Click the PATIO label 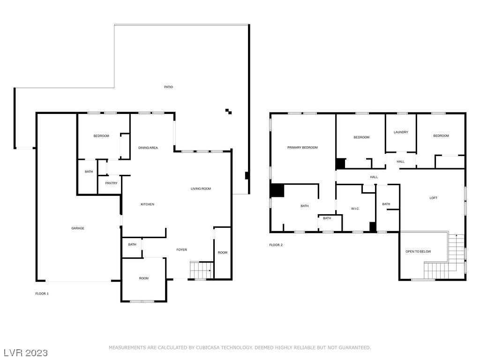168,87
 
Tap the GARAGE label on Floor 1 78,228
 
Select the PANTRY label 111,183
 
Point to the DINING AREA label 148,148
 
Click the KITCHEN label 147,204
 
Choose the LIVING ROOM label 201,188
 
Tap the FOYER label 181,250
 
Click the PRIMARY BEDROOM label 302,147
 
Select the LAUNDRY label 401,132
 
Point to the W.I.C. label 355,209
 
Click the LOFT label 434,198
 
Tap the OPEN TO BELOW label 418,251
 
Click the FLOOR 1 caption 42,293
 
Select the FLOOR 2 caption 276,245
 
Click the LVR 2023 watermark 26,352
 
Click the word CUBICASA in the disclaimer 208,347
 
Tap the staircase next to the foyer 202,270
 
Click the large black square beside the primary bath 277,190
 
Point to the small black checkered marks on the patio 228,112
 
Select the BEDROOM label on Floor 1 101,135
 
